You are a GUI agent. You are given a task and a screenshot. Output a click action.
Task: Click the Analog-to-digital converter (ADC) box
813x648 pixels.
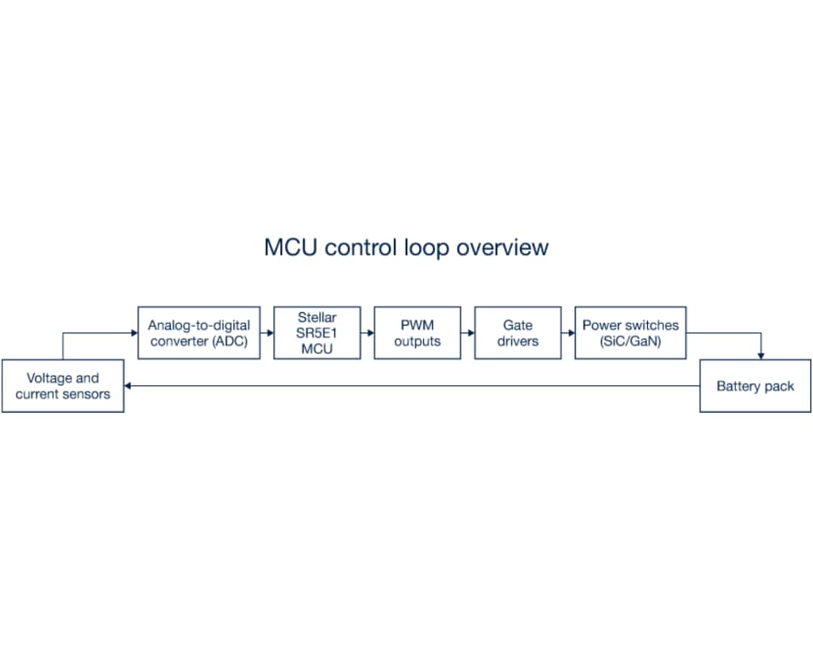coord(198,333)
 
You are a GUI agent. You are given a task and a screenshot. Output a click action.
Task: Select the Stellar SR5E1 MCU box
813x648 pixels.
coord(317,333)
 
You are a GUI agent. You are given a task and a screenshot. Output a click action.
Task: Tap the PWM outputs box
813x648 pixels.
coord(417,333)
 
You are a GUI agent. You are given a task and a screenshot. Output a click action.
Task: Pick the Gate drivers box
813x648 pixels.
coord(518,333)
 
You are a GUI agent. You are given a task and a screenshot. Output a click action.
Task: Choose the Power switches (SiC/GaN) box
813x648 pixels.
coord(630,333)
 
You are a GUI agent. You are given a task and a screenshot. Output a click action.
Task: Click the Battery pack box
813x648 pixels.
coord(755,386)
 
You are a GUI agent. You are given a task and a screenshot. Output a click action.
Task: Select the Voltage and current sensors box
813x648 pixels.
coord(63,386)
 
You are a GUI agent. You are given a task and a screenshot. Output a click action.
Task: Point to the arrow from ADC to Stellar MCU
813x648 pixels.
coord(267,333)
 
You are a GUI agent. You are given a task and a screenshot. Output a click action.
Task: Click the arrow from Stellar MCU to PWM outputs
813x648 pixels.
coord(367,333)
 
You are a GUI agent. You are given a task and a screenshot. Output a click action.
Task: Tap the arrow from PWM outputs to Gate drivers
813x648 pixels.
coord(468,333)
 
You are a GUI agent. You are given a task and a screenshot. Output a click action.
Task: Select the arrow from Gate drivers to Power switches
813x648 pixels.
coord(568,333)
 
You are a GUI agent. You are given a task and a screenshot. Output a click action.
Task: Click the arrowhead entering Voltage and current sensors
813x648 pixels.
coord(129,386)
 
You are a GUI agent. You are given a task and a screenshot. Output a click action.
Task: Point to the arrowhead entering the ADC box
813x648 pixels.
coord(133,333)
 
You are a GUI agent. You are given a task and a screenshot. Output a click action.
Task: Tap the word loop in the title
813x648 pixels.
coord(429,247)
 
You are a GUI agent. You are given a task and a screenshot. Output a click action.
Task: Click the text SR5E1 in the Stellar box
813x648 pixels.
coord(317,333)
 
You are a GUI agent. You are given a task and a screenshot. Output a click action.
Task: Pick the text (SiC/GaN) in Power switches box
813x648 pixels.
coord(630,341)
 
